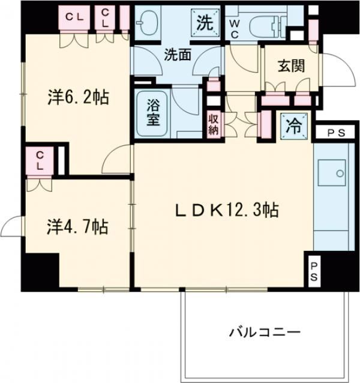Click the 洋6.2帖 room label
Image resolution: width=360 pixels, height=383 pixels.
tap(78, 98)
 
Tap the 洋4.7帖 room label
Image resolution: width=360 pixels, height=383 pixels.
tap(78, 227)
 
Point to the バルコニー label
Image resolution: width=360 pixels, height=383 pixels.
tap(263, 331)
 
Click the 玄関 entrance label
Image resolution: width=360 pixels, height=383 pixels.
tap(290, 66)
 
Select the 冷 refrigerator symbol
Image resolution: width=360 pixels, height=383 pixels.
tap(294, 126)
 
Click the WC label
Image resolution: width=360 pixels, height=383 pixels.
tap(235, 29)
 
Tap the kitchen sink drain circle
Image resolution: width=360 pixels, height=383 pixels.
tap(340, 174)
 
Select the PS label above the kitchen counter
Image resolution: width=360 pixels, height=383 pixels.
tap(335, 134)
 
